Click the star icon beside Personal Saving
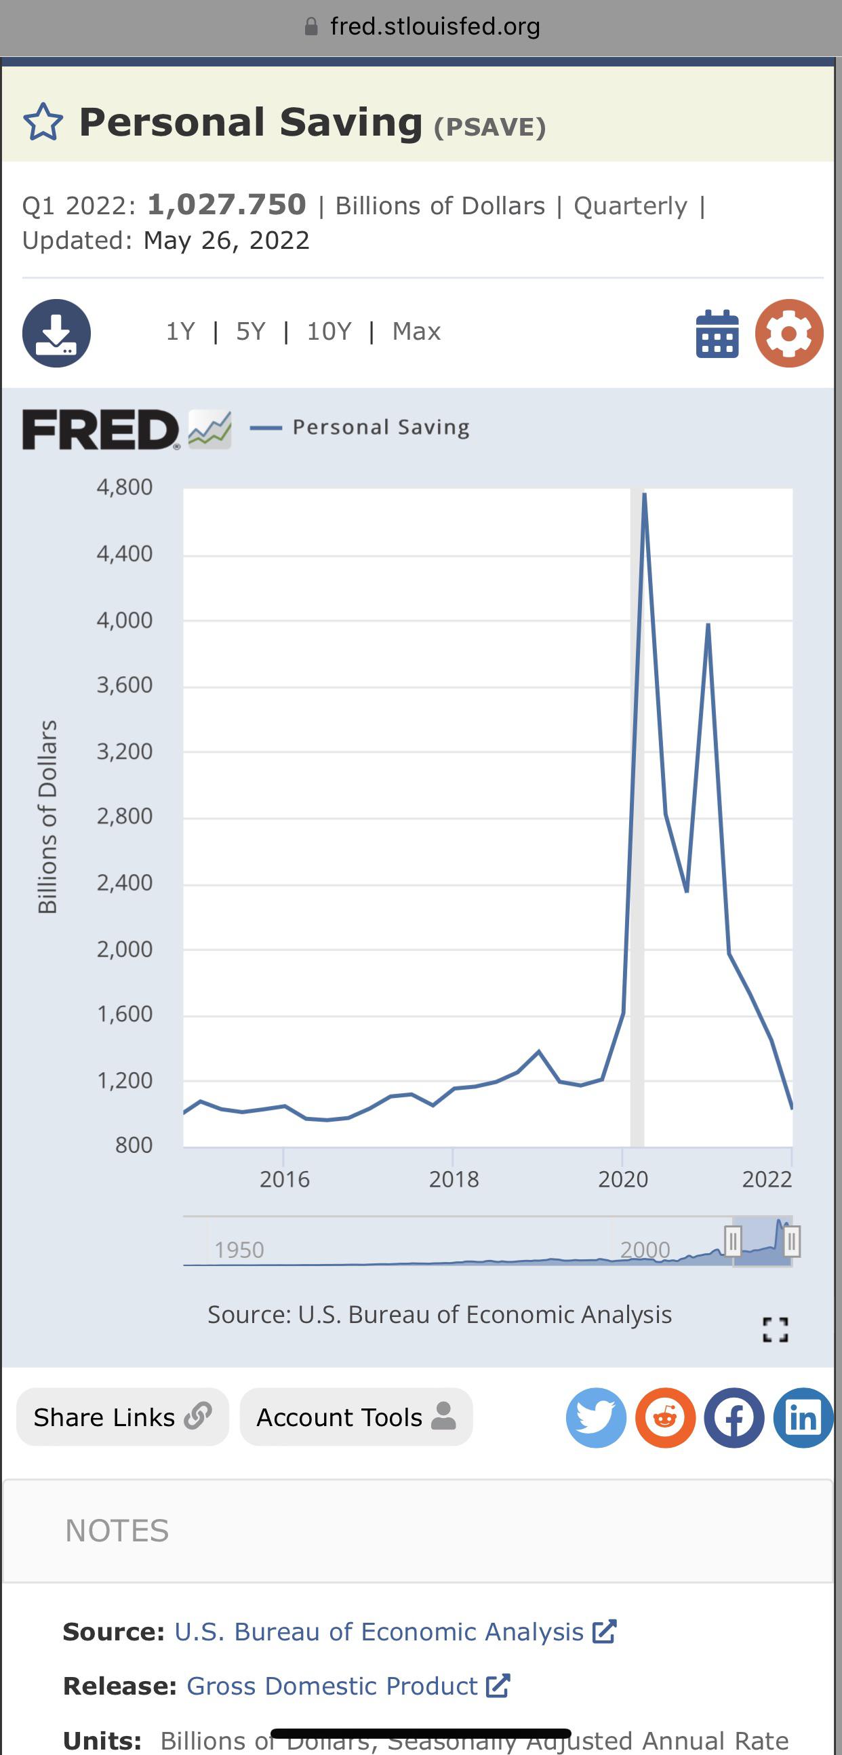click(43, 122)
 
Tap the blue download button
click(56, 333)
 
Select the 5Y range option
click(250, 332)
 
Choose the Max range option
click(416, 332)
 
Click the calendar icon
click(717, 334)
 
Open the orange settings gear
click(789, 333)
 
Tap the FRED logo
click(101, 429)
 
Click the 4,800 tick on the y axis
click(125, 487)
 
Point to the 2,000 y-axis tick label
click(125, 949)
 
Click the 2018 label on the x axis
click(454, 1179)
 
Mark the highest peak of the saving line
click(645, 493)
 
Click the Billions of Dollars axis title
click(47, 816)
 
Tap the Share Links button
click(123, 1417)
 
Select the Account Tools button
click(356, 1417)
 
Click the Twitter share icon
click(596, 1418)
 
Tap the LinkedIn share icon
click(803, 1418)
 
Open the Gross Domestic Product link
click(332, 1686)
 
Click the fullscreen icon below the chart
click(776, 1329)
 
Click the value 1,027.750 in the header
click(227, 205)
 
